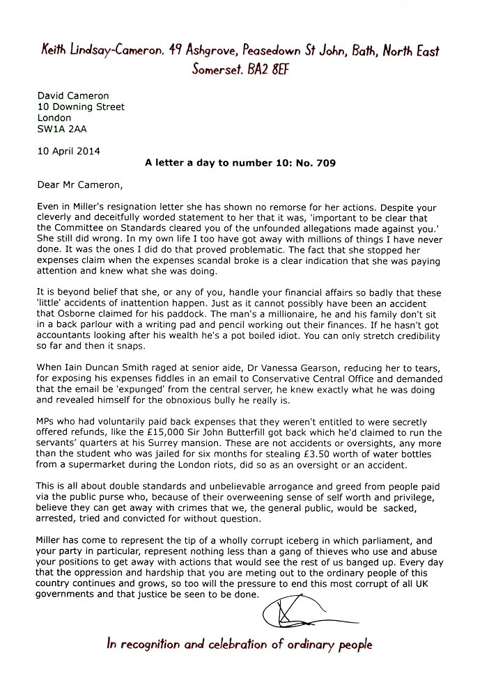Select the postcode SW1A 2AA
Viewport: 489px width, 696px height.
tap(62, 129)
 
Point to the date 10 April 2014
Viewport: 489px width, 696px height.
tap(68, 150)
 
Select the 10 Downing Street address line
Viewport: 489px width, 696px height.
tap(80, 107)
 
